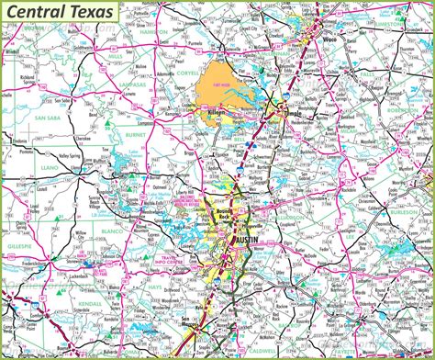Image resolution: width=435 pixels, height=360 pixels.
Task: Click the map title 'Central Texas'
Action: click(x=63, y=12)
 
